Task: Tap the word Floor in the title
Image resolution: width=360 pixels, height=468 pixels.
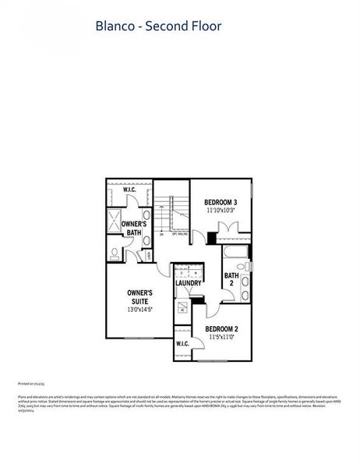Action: point(206,27)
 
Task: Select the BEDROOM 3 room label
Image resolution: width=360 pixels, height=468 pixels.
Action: point(221,202)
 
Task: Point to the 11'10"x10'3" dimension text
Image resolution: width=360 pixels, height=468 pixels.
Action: point(221,210)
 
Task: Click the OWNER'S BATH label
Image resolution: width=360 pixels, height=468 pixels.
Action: point(133,228)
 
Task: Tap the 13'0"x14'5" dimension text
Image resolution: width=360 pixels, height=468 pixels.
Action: point(139,309)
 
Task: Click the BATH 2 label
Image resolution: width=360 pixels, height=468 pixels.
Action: point(231,278)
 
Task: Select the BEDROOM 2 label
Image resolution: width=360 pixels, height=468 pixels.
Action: point(221,328)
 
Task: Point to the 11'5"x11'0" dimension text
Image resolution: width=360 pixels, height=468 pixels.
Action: point(221,337)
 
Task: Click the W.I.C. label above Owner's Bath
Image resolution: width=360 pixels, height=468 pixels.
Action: point(129,188)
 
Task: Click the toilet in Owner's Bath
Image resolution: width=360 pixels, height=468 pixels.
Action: point(115,253)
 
